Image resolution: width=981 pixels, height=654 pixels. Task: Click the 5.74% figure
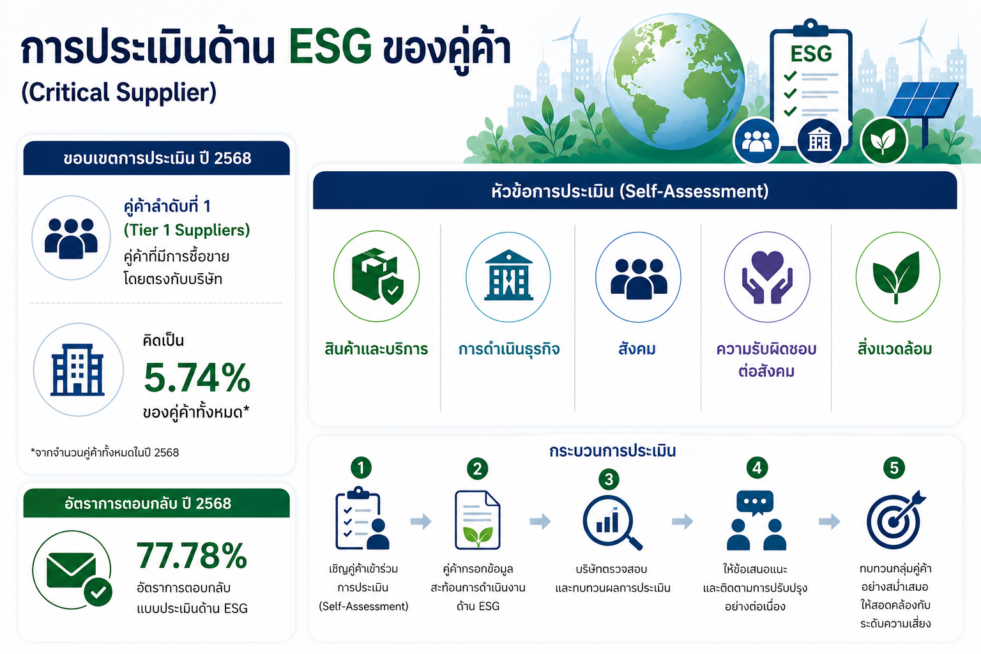pos(197,378)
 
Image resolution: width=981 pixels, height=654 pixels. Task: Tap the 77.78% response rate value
pos(192,556)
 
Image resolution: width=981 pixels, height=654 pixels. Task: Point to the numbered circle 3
pos(609,479)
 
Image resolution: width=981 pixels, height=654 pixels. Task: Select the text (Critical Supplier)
pos(119,92)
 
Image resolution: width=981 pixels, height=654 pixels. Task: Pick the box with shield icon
pos(377,275)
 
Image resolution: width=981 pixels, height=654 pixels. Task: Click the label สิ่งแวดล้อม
pos(895,349)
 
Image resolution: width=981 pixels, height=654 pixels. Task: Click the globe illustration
pos(674,81)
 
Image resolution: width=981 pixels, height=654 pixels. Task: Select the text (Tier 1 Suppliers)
pos(186,230)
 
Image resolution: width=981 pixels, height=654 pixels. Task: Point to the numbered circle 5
pos(894,468)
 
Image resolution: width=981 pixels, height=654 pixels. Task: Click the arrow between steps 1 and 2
pos(421,521)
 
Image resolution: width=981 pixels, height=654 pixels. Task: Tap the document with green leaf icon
pos(477,520)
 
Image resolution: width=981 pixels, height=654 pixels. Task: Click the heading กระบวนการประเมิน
pos(612,450)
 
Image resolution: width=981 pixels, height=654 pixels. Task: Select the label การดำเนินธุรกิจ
pos(509,349)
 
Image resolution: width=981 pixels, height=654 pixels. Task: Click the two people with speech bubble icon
pos(756,521)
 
